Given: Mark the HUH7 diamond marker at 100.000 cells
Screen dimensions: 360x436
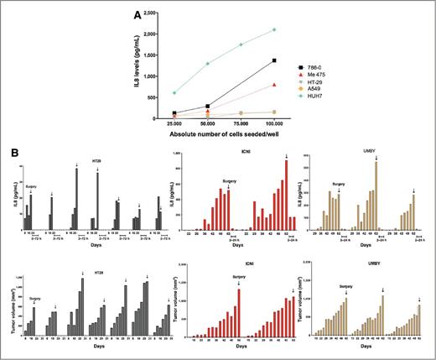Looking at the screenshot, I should pos(274,30).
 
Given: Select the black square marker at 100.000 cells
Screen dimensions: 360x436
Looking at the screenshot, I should pos(274,60).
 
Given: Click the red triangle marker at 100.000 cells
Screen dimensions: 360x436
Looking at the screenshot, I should pos(274,85).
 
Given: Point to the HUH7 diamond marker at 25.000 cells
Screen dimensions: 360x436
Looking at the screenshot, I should pos(151,93).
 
